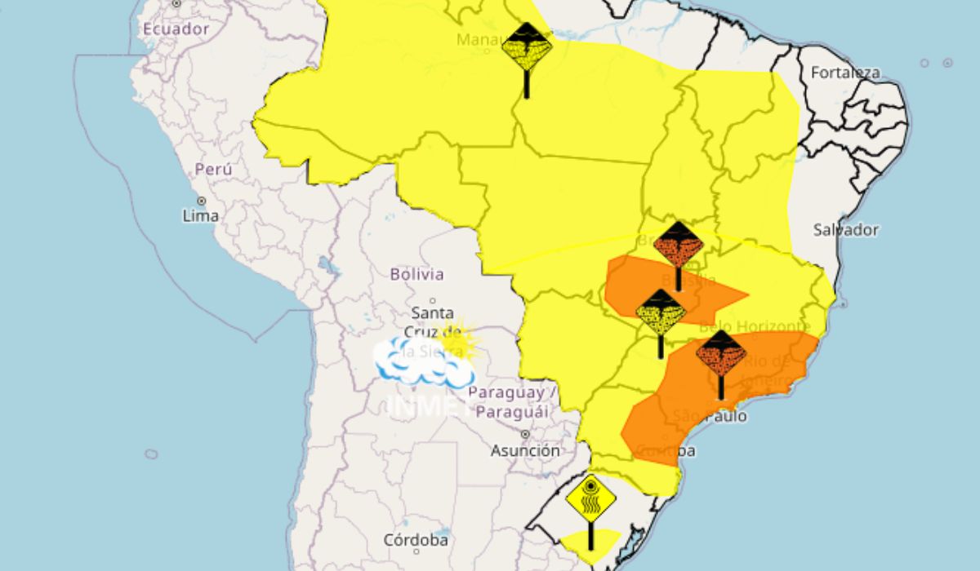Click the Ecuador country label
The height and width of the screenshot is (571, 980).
tap(176, 29)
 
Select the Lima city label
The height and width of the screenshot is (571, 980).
tap(201, 216)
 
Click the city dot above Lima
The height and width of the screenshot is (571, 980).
tap(201, 201)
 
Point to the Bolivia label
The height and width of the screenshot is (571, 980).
tap(416, 275)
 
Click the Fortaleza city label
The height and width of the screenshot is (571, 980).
tap(845, 73)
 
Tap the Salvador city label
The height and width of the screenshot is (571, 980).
tap(845, 230)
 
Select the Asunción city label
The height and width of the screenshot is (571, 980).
tap(525, 450)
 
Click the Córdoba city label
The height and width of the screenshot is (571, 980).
tap(416, 540)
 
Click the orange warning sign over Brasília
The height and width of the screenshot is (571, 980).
tap(678, 244)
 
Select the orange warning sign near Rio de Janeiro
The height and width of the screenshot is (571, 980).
tap(720, 353)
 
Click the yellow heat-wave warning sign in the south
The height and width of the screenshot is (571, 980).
tap(590, 499)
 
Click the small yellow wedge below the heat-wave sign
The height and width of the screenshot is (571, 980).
tap(590, 540)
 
